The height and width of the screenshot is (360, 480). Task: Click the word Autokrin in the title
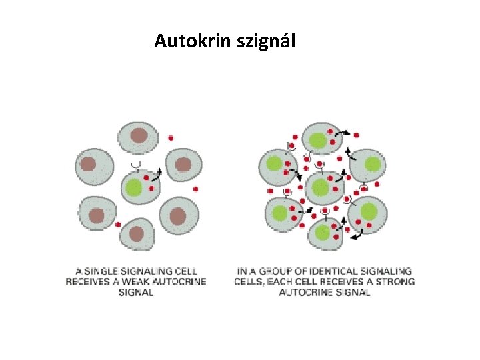click(186, 41)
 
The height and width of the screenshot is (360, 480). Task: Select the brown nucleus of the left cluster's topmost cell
click(138, 136)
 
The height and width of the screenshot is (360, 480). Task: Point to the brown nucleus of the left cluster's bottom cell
click(137, 233)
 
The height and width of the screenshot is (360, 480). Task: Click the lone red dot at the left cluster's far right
click(195, 189)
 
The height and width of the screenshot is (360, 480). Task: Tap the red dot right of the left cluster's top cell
click(171, 138)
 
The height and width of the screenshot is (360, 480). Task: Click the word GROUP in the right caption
click(280, 271)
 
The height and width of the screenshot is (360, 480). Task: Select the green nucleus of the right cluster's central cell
click(320, 187)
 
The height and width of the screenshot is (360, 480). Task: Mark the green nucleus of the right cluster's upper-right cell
click(372, 164)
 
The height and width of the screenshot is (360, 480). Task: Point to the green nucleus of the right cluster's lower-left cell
click(280, 212)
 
